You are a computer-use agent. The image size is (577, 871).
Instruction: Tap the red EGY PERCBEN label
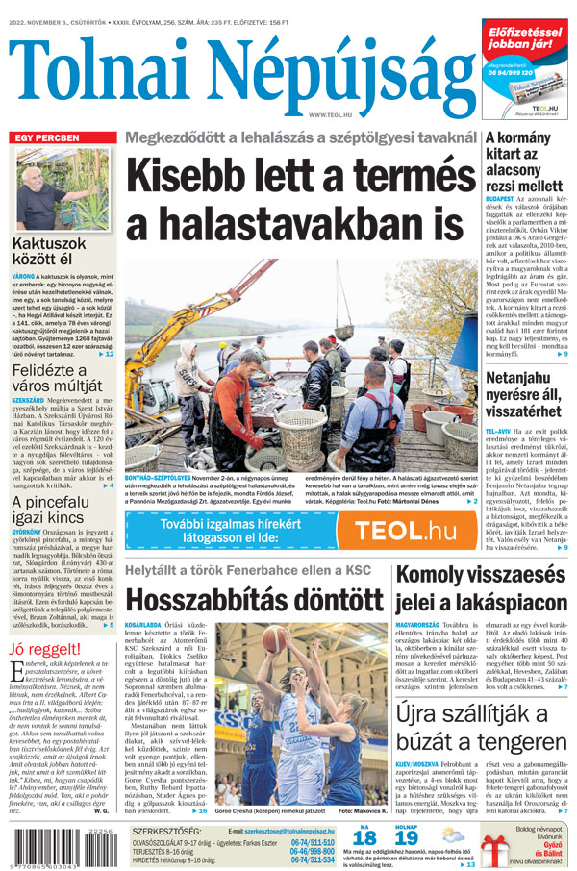[x=45, y=138]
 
